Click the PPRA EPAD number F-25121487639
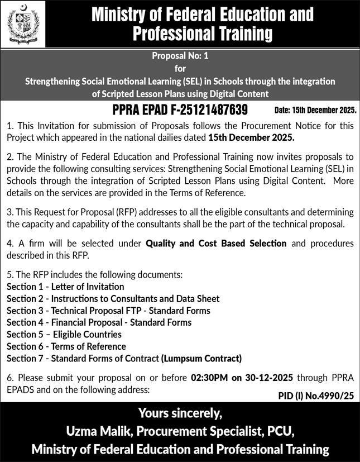[180, 109]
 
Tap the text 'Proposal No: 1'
[180, 56]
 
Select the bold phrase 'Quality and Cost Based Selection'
[216, 244]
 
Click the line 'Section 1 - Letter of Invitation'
[65, 287]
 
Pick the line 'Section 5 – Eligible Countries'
[64, 335]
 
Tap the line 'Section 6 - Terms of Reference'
[66, 346]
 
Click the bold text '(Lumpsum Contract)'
[201, 359]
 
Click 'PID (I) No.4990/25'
[316, 396]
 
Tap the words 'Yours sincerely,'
[180, 414]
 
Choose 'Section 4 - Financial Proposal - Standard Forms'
[99, 322]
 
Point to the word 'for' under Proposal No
[180, 69]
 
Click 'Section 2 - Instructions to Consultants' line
[113, 299]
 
